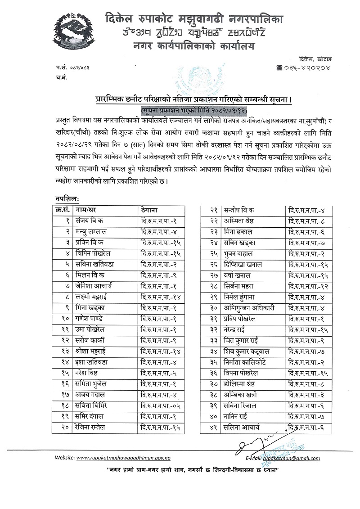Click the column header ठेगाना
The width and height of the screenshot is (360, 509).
[x=149, y=210]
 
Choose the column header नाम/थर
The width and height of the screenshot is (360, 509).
[x=88, y=210]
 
